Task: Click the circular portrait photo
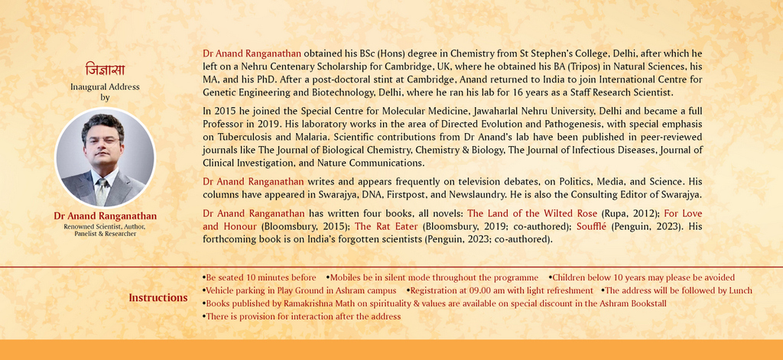click(105, 158)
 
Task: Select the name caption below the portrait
click(105, 216)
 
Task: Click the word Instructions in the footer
click(158, 297)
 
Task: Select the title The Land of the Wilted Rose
click(532, 213)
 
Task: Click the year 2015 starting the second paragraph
click(224, 112)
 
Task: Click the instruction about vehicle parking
click(299, 290)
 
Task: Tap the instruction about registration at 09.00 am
click(500, 290)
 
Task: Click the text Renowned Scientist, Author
click(105, 226)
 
